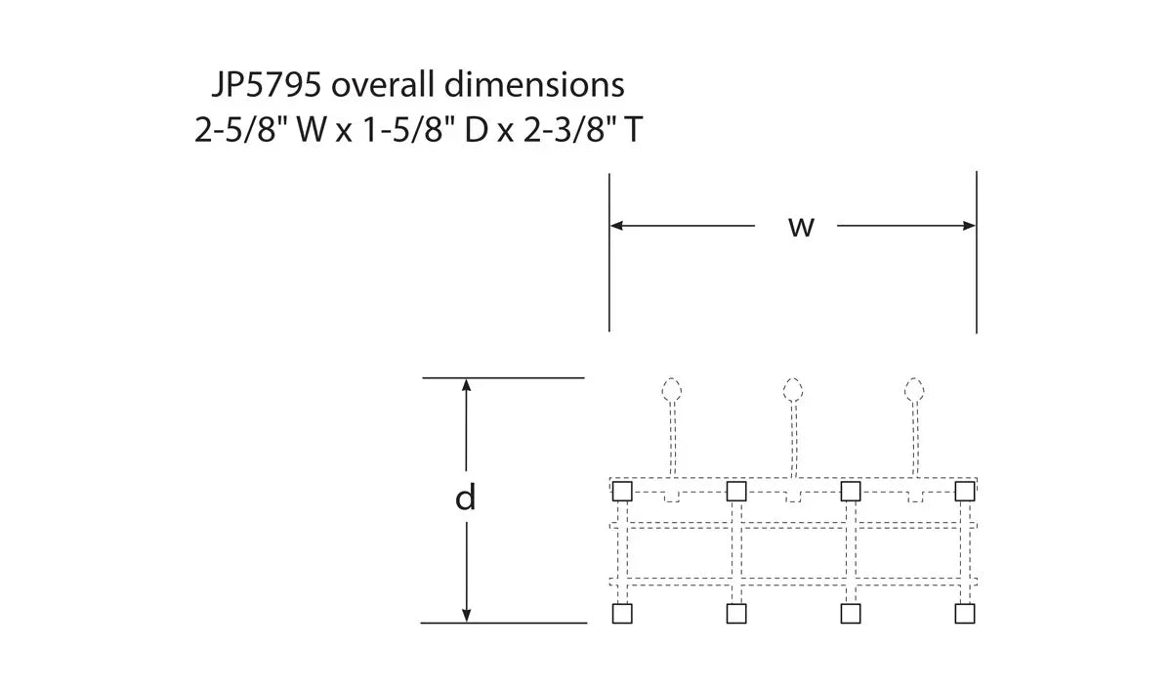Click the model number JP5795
coord(267,84)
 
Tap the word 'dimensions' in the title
coord(534,84)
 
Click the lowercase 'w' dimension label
coord(801,228)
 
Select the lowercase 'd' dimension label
coord(465,498)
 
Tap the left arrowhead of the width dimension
coord(617,226)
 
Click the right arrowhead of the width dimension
coord(969,226)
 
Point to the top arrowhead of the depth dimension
coord(466,385)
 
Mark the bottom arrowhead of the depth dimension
coord(466,616)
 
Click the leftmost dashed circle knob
coord(672,390)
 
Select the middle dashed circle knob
coord(793,390)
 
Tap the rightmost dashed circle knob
coord(914,390)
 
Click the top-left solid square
coord(622,492)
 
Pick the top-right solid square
coord(965,492)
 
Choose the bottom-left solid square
coord(622,614)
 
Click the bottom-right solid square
coord(965,614)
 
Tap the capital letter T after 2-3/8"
coord(633,130)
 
